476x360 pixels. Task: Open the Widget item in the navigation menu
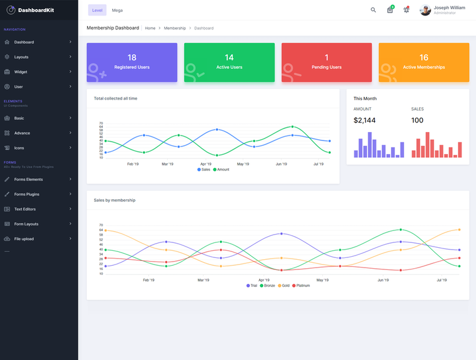21,72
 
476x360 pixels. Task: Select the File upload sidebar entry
24,239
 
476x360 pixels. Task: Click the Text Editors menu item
26,209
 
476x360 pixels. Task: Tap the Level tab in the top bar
97,10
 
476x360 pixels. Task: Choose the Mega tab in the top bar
118,10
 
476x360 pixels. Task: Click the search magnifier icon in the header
373,10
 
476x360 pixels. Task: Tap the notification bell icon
406,10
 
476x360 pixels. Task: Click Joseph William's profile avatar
425,10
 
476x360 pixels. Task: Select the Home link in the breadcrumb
150,28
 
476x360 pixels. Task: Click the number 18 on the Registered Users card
132,58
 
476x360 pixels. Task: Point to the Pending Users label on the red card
327,67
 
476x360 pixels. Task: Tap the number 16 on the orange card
424,58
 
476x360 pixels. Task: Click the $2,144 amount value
364,121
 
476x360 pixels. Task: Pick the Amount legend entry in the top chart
221,170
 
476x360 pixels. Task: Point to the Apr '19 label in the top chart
206,164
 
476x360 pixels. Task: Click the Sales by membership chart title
115,200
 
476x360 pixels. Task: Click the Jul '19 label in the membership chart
442,280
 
